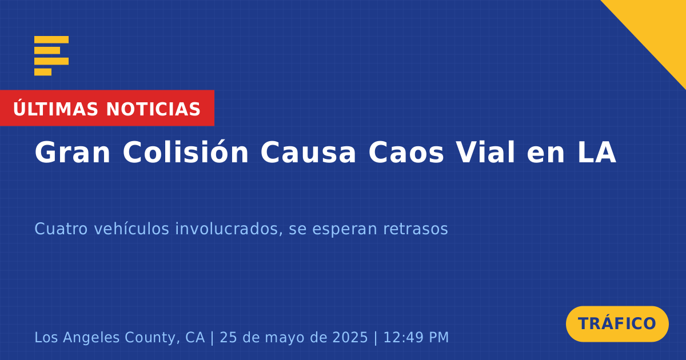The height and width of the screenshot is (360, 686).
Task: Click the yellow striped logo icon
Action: click(51, 56)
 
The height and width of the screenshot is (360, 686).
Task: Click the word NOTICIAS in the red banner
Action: click(153, 109)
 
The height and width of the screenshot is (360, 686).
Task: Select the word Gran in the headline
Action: click(72, 152)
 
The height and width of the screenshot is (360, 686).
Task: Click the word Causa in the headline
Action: click(308, 152)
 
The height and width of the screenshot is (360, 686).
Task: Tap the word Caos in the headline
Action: click(406, 152)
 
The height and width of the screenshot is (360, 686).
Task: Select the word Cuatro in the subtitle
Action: click(61, 229)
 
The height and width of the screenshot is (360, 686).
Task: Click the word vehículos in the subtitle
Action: click(131, 229)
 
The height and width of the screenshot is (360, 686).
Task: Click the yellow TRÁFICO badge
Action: click(617, 323)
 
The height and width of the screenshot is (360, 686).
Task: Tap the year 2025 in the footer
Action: click(350, 337)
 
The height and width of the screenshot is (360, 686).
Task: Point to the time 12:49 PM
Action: click(416, 337)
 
